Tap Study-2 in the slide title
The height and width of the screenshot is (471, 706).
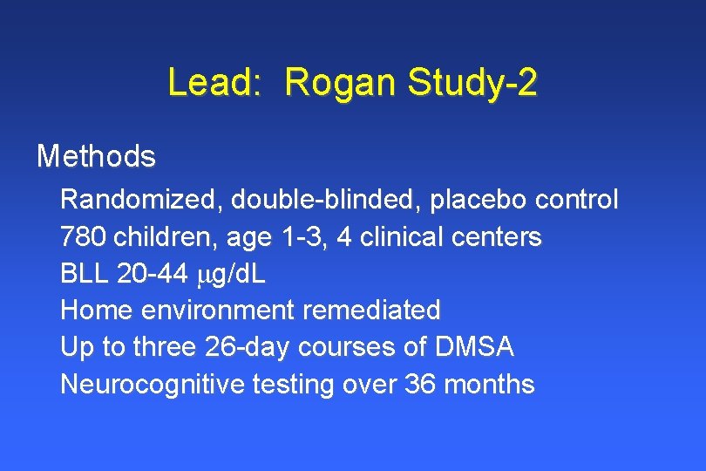471,84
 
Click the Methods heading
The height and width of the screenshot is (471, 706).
96,157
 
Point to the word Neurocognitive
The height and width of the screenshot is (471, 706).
153,384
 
